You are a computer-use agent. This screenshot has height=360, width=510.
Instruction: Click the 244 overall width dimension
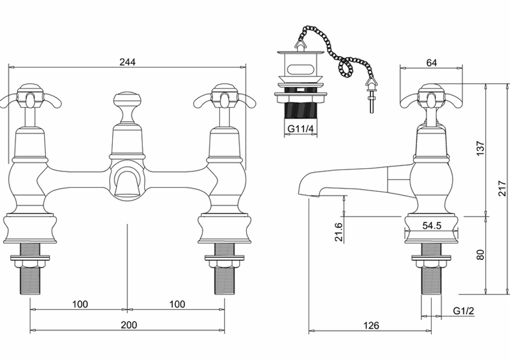(127, 62)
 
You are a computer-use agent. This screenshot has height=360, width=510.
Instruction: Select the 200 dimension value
(129, 324)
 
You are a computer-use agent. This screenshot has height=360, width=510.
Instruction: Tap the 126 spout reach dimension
(372, 325)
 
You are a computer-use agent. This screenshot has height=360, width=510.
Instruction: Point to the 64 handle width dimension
(432, 62)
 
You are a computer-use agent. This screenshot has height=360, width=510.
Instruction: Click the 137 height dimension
(481, 148)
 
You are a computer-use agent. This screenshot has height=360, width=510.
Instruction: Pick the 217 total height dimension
(503, 189)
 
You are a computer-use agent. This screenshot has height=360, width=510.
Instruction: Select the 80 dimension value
(481, 254)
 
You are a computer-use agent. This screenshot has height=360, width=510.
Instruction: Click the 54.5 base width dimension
(432, 226)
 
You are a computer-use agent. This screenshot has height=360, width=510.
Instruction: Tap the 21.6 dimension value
(339, 231)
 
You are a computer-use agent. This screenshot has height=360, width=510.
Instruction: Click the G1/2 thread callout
(463, 310)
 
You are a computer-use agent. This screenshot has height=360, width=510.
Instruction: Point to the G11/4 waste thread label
(300, 129)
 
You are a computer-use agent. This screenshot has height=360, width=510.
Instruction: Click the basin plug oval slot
(300, 69)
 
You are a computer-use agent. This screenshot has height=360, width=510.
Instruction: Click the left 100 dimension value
(80, 304)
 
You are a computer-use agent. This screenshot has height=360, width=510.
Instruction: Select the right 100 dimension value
(177, 304)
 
